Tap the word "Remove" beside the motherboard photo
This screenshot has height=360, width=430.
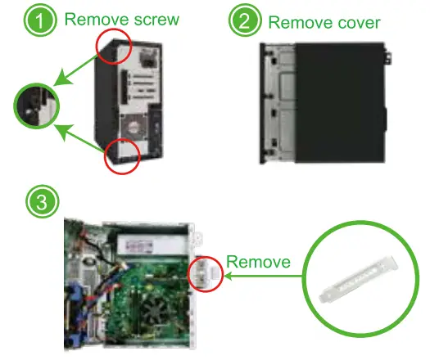point(257,262)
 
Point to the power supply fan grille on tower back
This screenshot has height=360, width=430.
point(131,131)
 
